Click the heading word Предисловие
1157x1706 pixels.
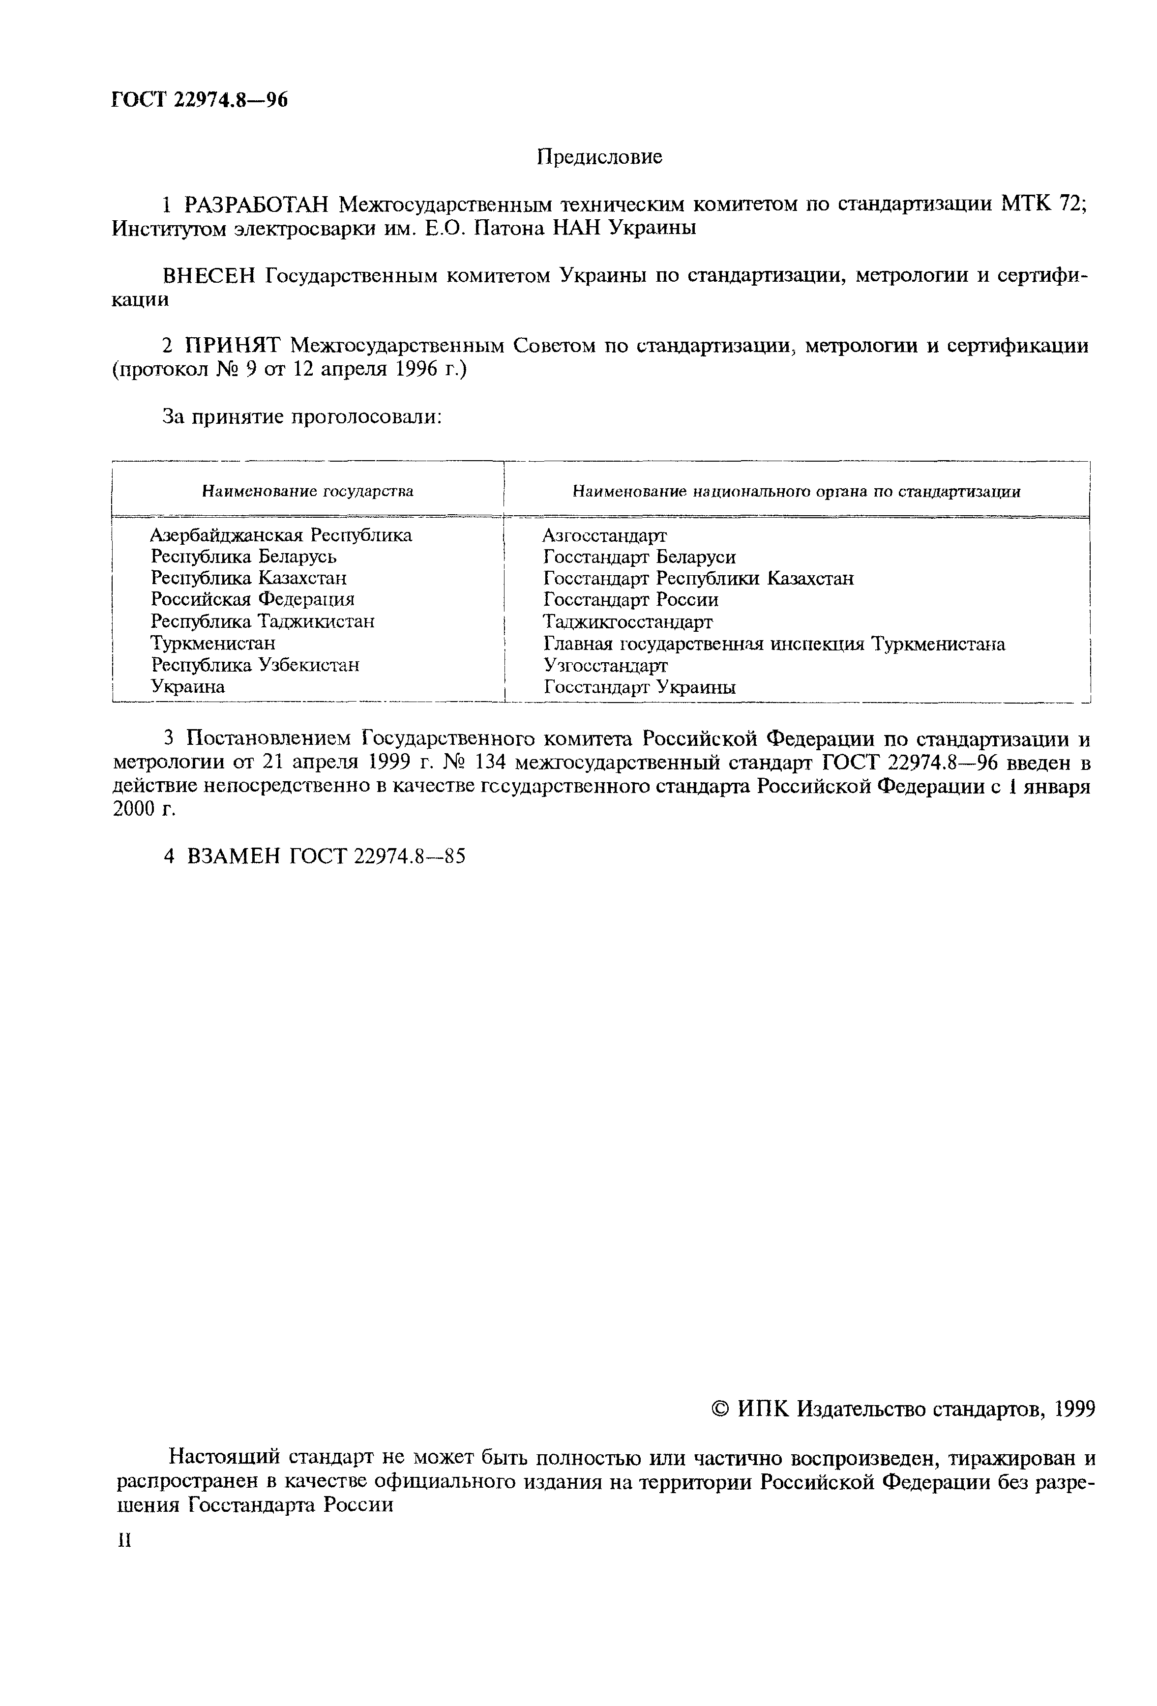[599, 157]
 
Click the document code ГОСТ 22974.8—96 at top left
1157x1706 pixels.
[199, 100]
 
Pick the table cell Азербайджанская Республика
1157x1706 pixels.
[281, 535]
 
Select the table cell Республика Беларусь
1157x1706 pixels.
[244, 557]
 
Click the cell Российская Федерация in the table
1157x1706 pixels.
[253, 600]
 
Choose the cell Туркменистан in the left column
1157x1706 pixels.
[213, 643]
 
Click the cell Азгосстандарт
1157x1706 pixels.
[604, 535]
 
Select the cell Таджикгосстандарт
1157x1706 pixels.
[628, 622]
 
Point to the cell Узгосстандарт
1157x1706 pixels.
[606, 665]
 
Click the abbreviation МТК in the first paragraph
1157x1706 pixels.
[1026, 204]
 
